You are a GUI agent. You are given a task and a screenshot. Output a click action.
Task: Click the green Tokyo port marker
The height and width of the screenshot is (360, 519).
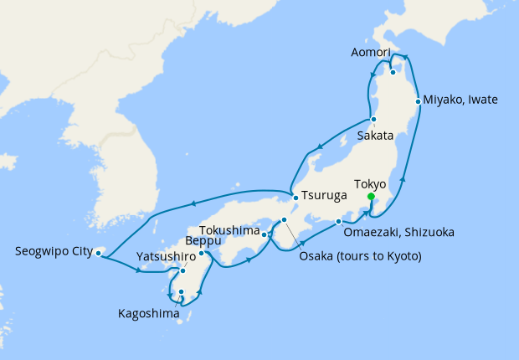coord(371,197)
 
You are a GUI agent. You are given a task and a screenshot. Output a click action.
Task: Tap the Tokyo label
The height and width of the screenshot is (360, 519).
coord(370,183)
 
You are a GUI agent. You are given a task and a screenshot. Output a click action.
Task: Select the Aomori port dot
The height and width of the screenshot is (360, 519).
coord(393,72)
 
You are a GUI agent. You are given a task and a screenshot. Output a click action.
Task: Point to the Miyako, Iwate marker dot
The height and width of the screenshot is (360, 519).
coord(419,100)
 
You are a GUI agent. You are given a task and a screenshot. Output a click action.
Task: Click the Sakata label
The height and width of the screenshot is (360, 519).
coord(374,134)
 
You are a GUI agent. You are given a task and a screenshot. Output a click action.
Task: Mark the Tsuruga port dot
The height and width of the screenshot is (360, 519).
coord(295,198)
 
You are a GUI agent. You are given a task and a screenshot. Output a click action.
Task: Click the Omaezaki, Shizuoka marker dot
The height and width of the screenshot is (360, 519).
coord(338,222)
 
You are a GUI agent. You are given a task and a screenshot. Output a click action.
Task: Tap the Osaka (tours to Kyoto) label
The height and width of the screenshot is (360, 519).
coord(360,255)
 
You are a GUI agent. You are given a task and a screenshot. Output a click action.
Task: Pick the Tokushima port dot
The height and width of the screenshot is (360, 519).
coord(264,234)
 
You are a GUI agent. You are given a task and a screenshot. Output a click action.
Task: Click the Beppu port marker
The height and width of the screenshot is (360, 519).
coord(202,253)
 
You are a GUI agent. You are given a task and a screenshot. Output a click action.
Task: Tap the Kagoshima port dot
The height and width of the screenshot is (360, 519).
coord(181,292)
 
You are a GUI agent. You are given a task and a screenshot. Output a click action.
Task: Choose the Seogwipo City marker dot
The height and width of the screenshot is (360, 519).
coord(99,252)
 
